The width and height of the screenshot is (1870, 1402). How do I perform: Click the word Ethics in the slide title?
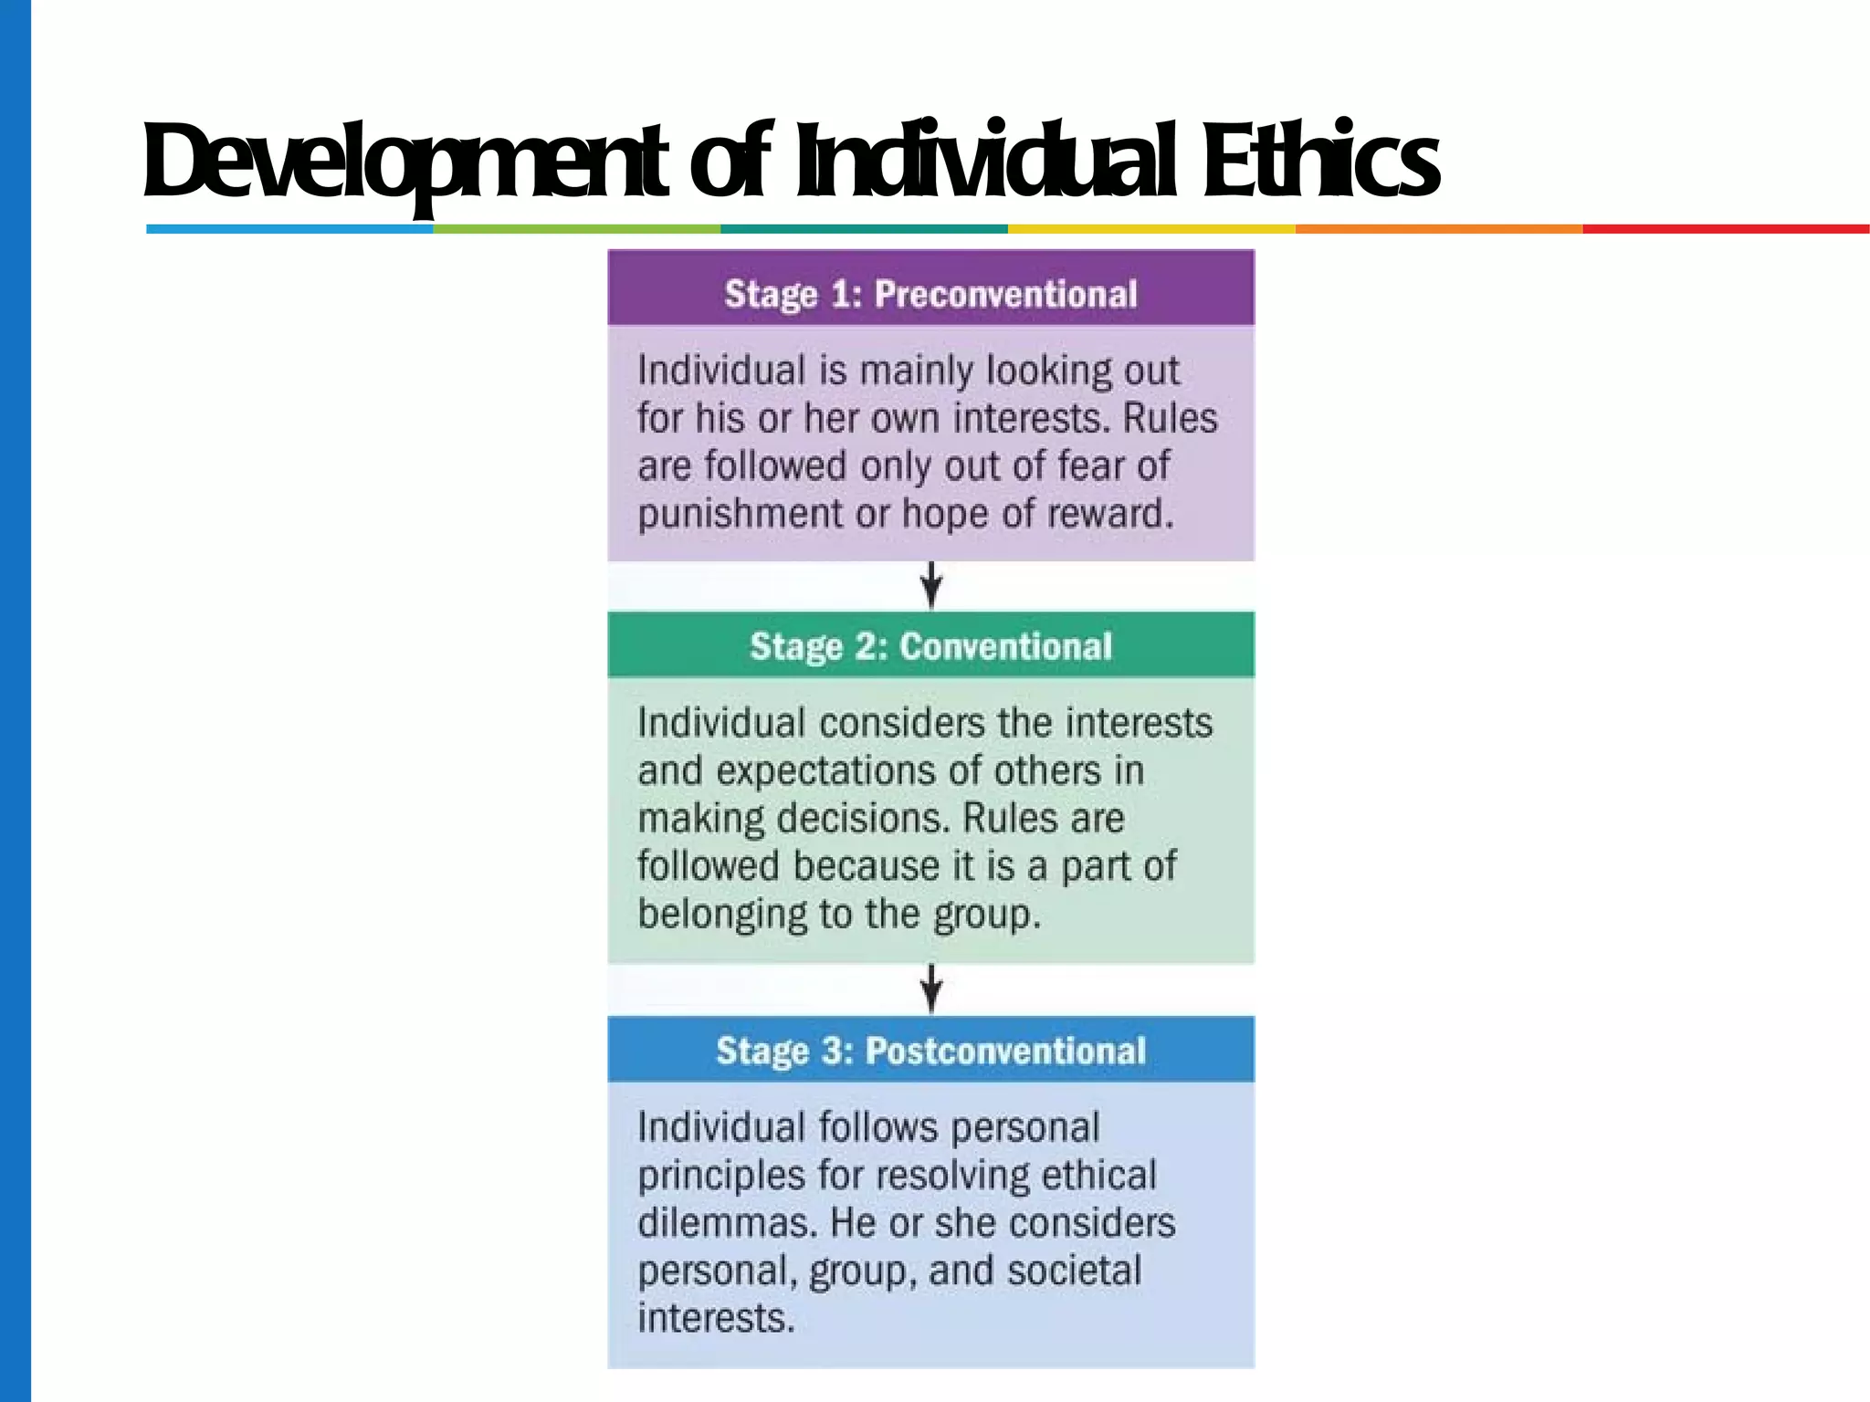point(1320,162)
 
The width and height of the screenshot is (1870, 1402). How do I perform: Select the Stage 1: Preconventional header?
point(930,294)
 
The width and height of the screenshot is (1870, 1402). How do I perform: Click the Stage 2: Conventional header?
point(930,646)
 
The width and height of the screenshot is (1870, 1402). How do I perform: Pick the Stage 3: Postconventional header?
point(930,1051)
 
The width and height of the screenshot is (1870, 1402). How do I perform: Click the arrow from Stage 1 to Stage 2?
point(931,585)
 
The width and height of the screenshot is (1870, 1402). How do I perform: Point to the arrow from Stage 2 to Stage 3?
point(931,989)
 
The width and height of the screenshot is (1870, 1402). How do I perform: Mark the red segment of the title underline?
point(1726,229)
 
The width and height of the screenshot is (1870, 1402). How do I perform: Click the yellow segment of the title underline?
point(1151,229)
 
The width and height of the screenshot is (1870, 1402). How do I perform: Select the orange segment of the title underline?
point(1439,229)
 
